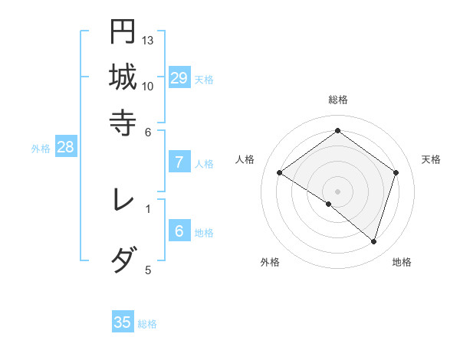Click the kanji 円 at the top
[123, 31]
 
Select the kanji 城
[123, 77]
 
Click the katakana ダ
[123, 260]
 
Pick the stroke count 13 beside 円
[148, 40]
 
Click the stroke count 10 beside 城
[148, 86]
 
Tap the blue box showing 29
[179, 78]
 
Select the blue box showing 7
[179, 162]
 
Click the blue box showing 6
[179, 231]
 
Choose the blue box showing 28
[65, 148]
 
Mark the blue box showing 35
[123, 322]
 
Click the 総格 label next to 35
[147, 324]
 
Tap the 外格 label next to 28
[41, 149]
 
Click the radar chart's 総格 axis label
[338, 100]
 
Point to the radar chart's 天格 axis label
[431, 159]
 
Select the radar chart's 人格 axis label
[245, 159]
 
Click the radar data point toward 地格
[373, 241]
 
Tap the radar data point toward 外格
[329, 204]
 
